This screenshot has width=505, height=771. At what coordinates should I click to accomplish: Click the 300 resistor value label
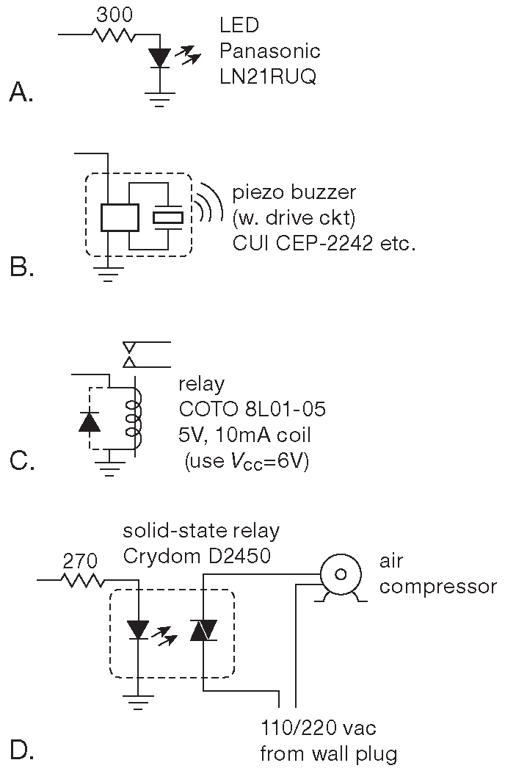click(114, 15)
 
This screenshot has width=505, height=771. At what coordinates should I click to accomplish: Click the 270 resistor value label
click(79, 562)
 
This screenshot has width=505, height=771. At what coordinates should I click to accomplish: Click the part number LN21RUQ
click(268, 77)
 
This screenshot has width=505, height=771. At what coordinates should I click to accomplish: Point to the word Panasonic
click(270, 51)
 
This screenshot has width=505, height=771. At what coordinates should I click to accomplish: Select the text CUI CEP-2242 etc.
click(324, 243)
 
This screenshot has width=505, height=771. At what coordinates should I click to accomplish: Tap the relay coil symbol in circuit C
click(135, 417)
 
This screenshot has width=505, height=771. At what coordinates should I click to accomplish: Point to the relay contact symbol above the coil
click(131, 354)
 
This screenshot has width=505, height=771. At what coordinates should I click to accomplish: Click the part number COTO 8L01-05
click(252, 409)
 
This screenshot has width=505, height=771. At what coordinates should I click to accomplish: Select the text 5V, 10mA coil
click(244, 435)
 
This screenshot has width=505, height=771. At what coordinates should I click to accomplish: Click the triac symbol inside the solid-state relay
click(203, 629)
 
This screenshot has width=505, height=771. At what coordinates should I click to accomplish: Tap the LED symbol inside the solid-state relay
click(138, 629)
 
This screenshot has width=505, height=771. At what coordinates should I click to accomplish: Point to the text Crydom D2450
click(197, 557)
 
